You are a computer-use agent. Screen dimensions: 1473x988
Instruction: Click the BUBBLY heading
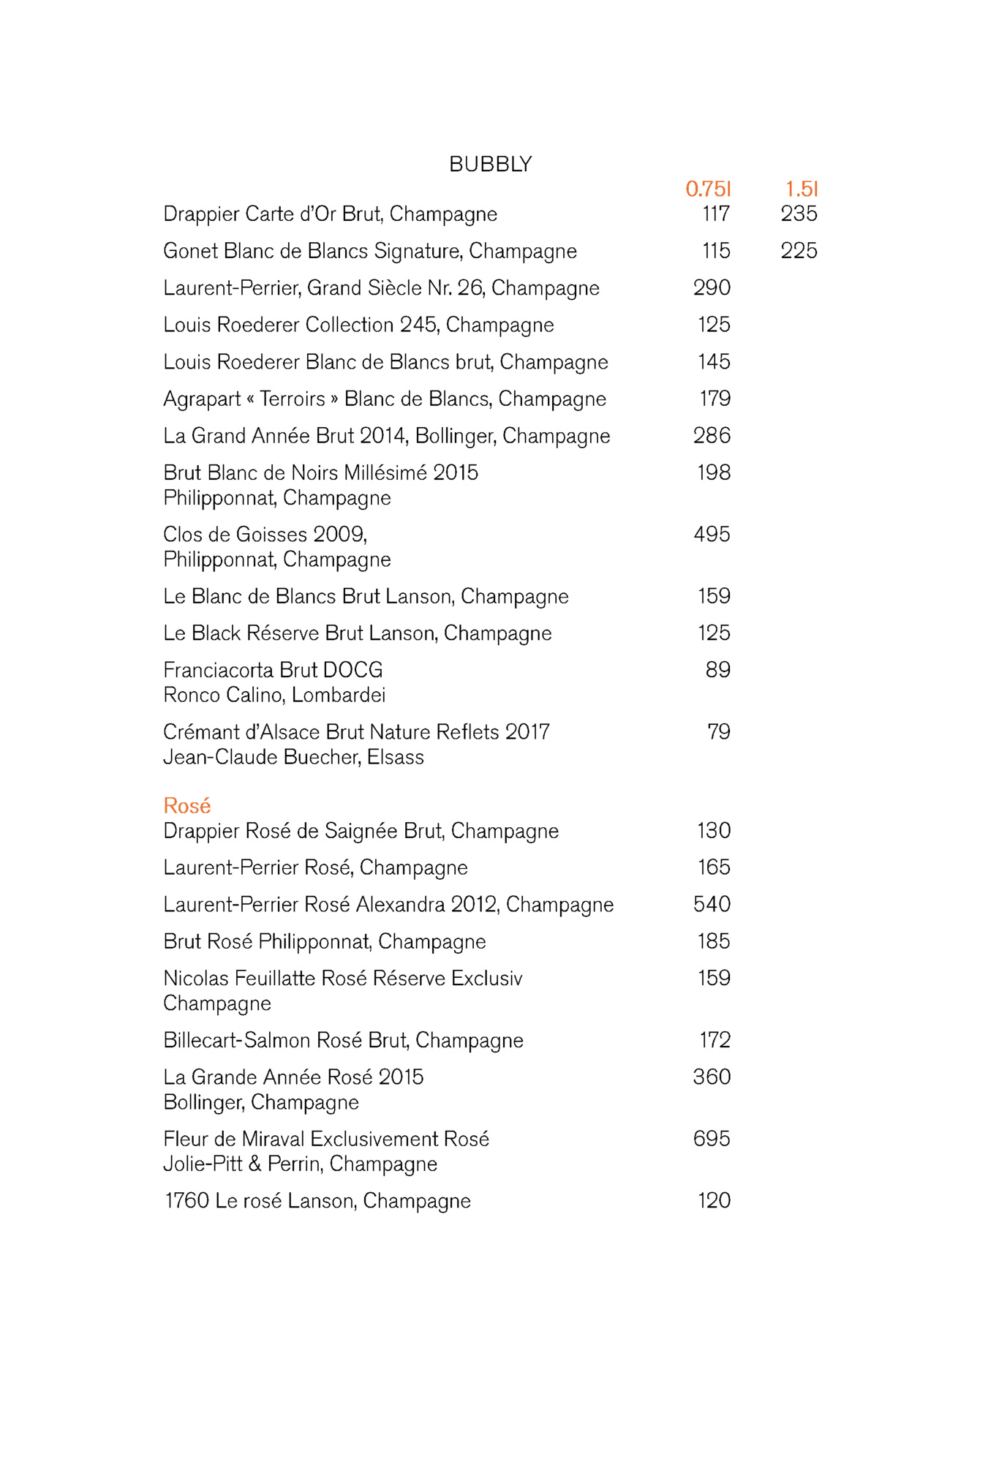(x=490, y=165)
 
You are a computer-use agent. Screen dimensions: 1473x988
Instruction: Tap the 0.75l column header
(x=707, y=189)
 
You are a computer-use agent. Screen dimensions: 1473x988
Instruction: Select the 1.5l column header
(x=802, y=189)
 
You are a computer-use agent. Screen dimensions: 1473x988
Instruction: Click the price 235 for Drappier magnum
(x=799, y=214)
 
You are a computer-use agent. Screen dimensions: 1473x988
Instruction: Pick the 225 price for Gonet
(x=799, y=251)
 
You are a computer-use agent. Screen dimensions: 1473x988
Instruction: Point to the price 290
(x=712, y=287)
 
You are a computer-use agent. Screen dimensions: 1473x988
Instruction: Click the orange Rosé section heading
(x=187, y=806)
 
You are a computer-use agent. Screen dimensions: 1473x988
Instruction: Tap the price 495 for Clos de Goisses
(x=712, y=534)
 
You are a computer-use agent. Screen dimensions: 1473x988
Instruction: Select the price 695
(x=712, y=1138)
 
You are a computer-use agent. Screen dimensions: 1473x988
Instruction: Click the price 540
(x=712, y=904)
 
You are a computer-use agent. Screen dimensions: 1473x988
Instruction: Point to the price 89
(x=717, y=670)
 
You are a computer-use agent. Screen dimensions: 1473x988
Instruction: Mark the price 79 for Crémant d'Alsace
(x=718, y=731)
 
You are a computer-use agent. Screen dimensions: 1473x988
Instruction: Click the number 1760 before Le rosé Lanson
(x=187, y=1200)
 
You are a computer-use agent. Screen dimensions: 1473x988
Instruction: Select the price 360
(x=712, y=1077)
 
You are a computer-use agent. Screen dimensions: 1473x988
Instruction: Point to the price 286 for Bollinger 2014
(x=712, y=436)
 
